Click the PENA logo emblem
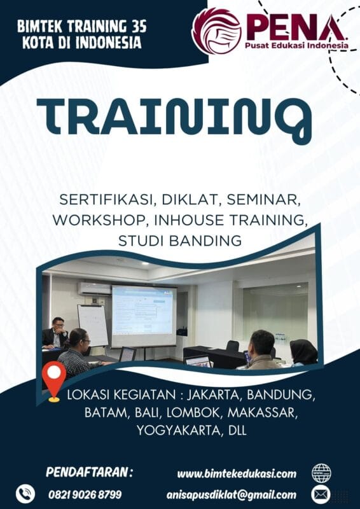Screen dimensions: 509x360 (217, 31)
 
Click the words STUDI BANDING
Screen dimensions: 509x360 (180, 241)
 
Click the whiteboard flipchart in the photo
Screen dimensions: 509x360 (93, 324)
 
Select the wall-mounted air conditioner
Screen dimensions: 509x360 (94, 288)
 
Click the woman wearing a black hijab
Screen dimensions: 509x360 (304, 352)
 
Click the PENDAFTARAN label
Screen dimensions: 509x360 (90, 472)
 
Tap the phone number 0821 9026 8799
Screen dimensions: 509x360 (85, 494)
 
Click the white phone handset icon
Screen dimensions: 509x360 (25, 494)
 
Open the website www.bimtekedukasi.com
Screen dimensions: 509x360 (237, 473)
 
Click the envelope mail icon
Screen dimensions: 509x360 (321, 494)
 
